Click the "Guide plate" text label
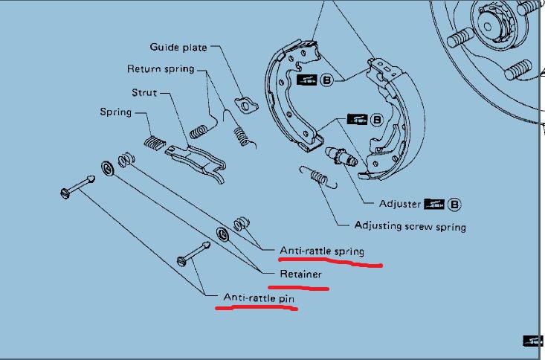178,48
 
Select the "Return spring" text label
161,69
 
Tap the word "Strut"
144,92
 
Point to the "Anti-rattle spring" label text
322,251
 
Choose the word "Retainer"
300,274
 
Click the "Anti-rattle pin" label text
259,298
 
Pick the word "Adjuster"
400,204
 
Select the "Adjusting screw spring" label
410,226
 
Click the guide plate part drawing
246,106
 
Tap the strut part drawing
196,161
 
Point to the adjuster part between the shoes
341,156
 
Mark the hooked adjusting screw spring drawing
318,177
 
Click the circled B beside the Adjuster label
454,205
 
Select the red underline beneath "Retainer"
298,288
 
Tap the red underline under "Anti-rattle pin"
257,307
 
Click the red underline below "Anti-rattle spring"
331,263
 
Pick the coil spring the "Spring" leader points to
155,143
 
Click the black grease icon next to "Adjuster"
434,204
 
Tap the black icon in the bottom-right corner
533,341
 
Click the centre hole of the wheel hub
487,27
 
